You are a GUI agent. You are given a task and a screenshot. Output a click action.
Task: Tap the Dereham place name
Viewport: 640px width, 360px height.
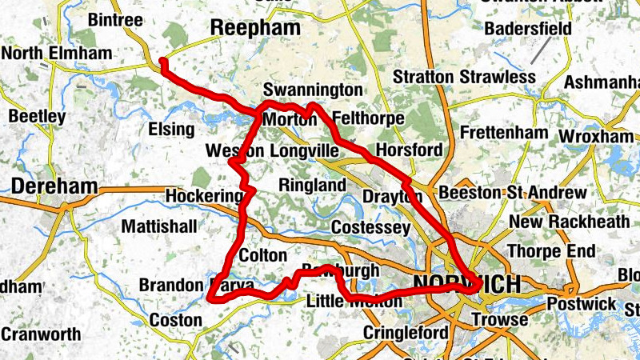click(x=54, y=187)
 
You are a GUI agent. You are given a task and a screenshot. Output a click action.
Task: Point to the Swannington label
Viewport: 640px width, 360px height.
click(x=312, y=89)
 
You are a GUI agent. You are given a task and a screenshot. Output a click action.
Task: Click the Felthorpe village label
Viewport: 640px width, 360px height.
click(x=367, y=118)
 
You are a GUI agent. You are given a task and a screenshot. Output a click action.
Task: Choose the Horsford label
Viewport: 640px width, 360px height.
click(x=408, y=150)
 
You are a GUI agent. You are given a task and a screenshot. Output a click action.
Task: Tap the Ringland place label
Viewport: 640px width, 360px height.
click(x=312, y=186)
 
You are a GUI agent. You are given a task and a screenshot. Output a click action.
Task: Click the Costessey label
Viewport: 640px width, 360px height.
click(x=370, y=228)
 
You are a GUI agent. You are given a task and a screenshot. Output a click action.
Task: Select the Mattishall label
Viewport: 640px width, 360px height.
click(x=158, y=226)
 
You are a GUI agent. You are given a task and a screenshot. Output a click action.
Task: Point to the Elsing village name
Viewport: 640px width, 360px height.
click(x=171, y=129)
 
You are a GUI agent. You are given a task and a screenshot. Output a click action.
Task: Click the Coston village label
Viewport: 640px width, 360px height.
click(x=176, y=320)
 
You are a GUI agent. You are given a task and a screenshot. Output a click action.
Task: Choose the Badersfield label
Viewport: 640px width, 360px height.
click(x=527, y=29)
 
